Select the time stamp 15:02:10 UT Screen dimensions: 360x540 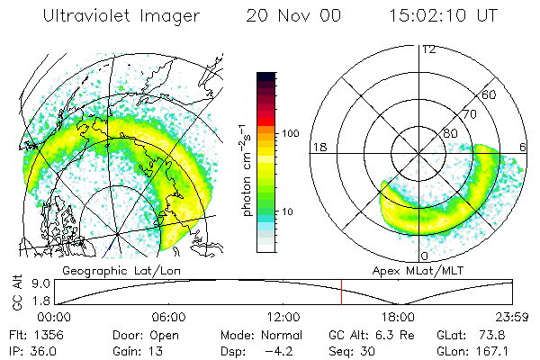point(450,16)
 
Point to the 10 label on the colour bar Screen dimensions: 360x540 point(291,211)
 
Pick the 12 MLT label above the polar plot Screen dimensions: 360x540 point(427,49)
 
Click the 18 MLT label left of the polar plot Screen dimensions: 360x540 point(317,147)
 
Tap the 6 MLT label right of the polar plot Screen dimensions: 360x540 point(524,147)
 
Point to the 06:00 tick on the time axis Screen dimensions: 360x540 point(168,318)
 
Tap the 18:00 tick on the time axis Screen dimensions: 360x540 point(399,318)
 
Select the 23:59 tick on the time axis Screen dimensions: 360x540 point(513,318)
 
